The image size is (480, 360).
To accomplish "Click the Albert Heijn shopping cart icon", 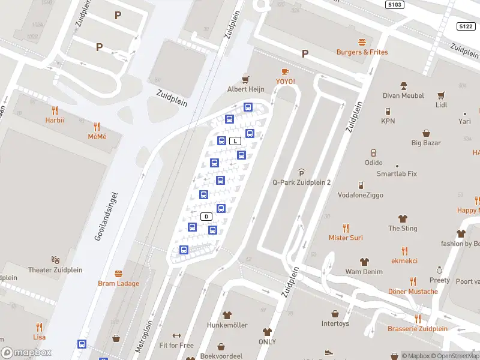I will click(245, 79).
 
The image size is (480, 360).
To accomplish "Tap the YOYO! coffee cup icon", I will click(285, 71).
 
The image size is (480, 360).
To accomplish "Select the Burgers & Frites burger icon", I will click(362, 42).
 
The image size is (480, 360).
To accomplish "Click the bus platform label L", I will click(236, 141).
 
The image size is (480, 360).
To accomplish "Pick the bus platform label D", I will click(206, 216).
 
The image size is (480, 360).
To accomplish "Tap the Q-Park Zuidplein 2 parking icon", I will click(301, 173).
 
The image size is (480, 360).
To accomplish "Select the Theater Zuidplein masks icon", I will click(56, 260).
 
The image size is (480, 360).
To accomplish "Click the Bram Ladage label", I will click(118, 283).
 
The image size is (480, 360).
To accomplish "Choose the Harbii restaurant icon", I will click(55, 110).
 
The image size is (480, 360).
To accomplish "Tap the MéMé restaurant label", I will click(97, 136).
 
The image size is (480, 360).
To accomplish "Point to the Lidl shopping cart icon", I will click(442, 95).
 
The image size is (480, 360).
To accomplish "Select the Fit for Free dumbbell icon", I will click(176, 336).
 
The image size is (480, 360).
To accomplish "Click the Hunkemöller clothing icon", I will click(227, 314).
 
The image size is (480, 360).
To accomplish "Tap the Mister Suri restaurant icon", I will click(346, 228).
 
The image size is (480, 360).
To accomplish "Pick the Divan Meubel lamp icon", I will click(403, 86).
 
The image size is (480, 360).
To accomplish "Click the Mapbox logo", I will click(26, 353).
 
